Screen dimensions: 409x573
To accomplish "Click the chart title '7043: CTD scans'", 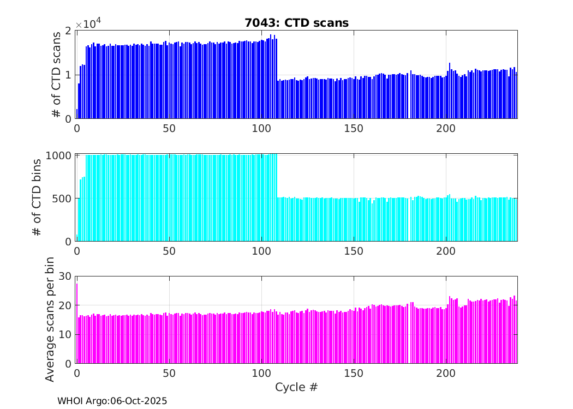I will pyautogui.click(x=296, y=23).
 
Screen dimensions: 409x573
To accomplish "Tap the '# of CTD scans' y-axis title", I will pyautogui.click(x=56, y=75).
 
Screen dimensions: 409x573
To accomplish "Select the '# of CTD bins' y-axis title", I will pyautogui.click(x=37, y=198).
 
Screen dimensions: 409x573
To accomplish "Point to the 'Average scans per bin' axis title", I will pyautogui.click(x=50, y=320).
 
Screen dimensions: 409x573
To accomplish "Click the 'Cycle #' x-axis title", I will pyautogui.click(x=296, y=388).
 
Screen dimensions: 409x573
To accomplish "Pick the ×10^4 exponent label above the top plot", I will pyautogui.click(x=88, y=23).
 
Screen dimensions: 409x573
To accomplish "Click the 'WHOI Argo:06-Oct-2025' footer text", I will pyautogui.click(x=112, y=401).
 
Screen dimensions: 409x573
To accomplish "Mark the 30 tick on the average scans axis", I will pyautogui.click(x=65, y=276).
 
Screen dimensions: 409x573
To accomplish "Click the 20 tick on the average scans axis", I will pyautogui.click(x=65, y=305).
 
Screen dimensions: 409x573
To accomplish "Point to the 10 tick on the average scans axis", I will pyautogui.click(x=65, y=335).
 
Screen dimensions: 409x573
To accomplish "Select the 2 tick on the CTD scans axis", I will pyautogui.click(x=68, y=31).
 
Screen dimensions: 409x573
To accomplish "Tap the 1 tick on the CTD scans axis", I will pyautogui.click(x=68, y=75).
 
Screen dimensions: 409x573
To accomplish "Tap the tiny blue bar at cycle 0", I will pyautogui.click(x=77, y=114).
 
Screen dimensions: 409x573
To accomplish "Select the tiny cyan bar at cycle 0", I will pyautogui.click(x=77, y=238).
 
